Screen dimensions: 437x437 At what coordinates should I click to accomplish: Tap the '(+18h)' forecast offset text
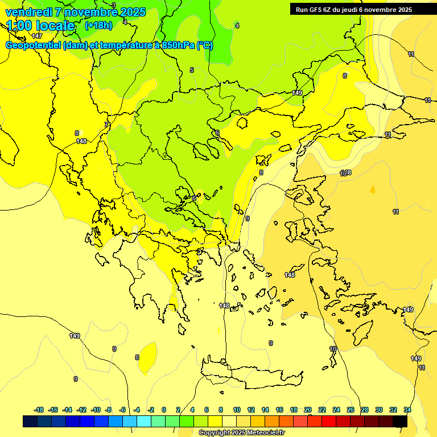(98, 25)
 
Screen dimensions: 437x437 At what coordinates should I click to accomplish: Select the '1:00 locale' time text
(40, 26)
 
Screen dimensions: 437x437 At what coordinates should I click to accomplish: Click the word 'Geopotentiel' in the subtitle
(34, 46)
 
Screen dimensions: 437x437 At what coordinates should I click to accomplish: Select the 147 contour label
(37, 52)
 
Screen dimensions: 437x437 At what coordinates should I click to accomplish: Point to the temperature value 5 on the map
(192, 70)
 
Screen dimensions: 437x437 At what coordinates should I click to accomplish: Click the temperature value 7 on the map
(106, 124)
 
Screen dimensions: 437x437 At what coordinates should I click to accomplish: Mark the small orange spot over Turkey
(373, 189)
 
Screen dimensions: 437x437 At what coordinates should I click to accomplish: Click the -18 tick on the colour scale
(39, 410)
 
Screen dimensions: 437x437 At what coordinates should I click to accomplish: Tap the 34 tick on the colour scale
(407, 410)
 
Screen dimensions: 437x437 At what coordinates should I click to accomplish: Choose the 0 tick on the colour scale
(164, 410)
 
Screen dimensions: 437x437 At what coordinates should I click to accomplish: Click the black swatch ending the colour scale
(400, 421)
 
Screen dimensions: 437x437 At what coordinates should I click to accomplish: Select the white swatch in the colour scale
(229, 421)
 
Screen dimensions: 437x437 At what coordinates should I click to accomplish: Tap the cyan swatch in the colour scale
(144, 421)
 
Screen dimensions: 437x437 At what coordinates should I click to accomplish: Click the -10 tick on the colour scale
(96, 410)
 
